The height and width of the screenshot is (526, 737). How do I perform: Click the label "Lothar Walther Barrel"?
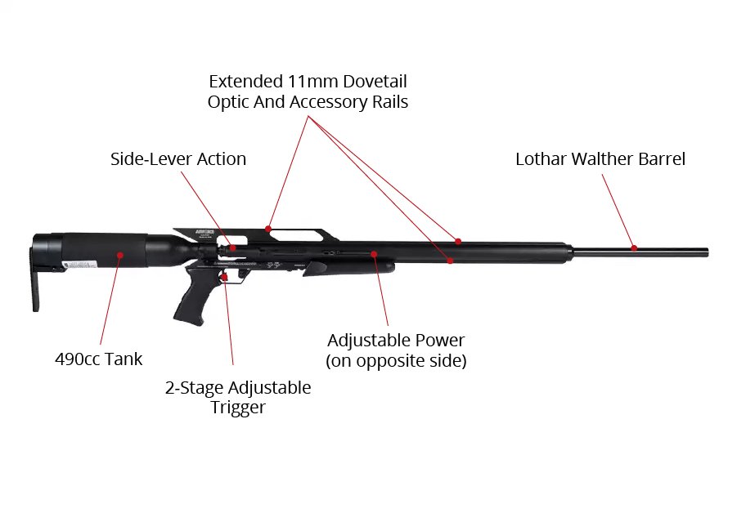point(600,159)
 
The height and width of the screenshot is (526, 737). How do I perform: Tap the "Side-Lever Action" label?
point(178,159)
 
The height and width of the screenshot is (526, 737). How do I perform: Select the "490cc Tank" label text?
point(98,359)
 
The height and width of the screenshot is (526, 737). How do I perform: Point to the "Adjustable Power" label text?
point(396,341)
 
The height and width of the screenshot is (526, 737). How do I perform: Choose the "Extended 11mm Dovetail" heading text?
point(308,82)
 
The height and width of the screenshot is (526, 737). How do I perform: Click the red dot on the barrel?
point(633,247)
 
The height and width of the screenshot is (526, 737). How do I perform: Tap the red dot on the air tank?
point(119,256)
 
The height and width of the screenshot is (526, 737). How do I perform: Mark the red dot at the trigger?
point(224,278)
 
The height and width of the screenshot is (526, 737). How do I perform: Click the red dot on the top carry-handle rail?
point(267,230)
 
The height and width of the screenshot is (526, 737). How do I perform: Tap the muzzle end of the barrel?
point(705,252)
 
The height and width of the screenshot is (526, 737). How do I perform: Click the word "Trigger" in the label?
point(238,407)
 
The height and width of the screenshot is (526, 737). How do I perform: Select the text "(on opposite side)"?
point(396,361)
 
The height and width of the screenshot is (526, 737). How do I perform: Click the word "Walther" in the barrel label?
point(601,159)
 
